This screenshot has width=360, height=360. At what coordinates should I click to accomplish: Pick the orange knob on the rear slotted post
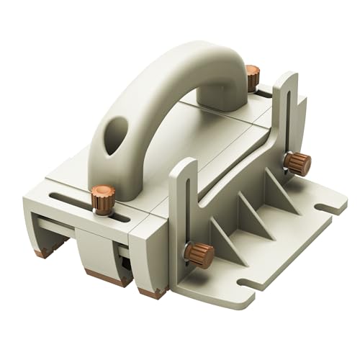click(295, 163)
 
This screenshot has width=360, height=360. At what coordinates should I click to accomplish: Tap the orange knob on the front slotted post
click(197, 254)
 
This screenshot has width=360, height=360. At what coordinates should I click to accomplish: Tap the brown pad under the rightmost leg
click(153, 294)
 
